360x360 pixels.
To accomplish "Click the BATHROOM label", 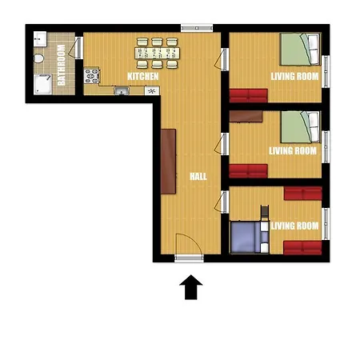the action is [62, 65].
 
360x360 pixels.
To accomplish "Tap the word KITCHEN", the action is [143, 76].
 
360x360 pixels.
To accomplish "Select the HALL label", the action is [198, 176].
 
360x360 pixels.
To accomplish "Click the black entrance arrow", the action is [191, 287].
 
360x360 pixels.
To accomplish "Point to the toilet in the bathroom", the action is [39, 58].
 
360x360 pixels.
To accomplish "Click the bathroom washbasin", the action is [40, 39].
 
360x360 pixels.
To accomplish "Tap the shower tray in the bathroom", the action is [42, 84].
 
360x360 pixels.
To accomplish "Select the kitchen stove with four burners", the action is [92, 76].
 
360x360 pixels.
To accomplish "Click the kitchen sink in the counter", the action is [122, 91].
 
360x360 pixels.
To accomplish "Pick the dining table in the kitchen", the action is [158, 53].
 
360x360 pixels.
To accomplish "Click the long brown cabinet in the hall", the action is [168, 162].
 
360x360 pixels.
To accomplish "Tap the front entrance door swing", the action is [189, 244].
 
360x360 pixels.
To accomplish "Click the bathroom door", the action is [76, 48].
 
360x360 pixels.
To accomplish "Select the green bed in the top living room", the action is [300, 50].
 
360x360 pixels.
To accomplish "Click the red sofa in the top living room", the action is [249, 96].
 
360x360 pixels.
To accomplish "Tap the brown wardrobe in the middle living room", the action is [246, 117].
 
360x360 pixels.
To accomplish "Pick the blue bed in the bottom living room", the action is [250, 237].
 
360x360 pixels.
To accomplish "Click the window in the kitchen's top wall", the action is [197, 28].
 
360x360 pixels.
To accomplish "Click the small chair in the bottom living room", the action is [265, 213].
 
